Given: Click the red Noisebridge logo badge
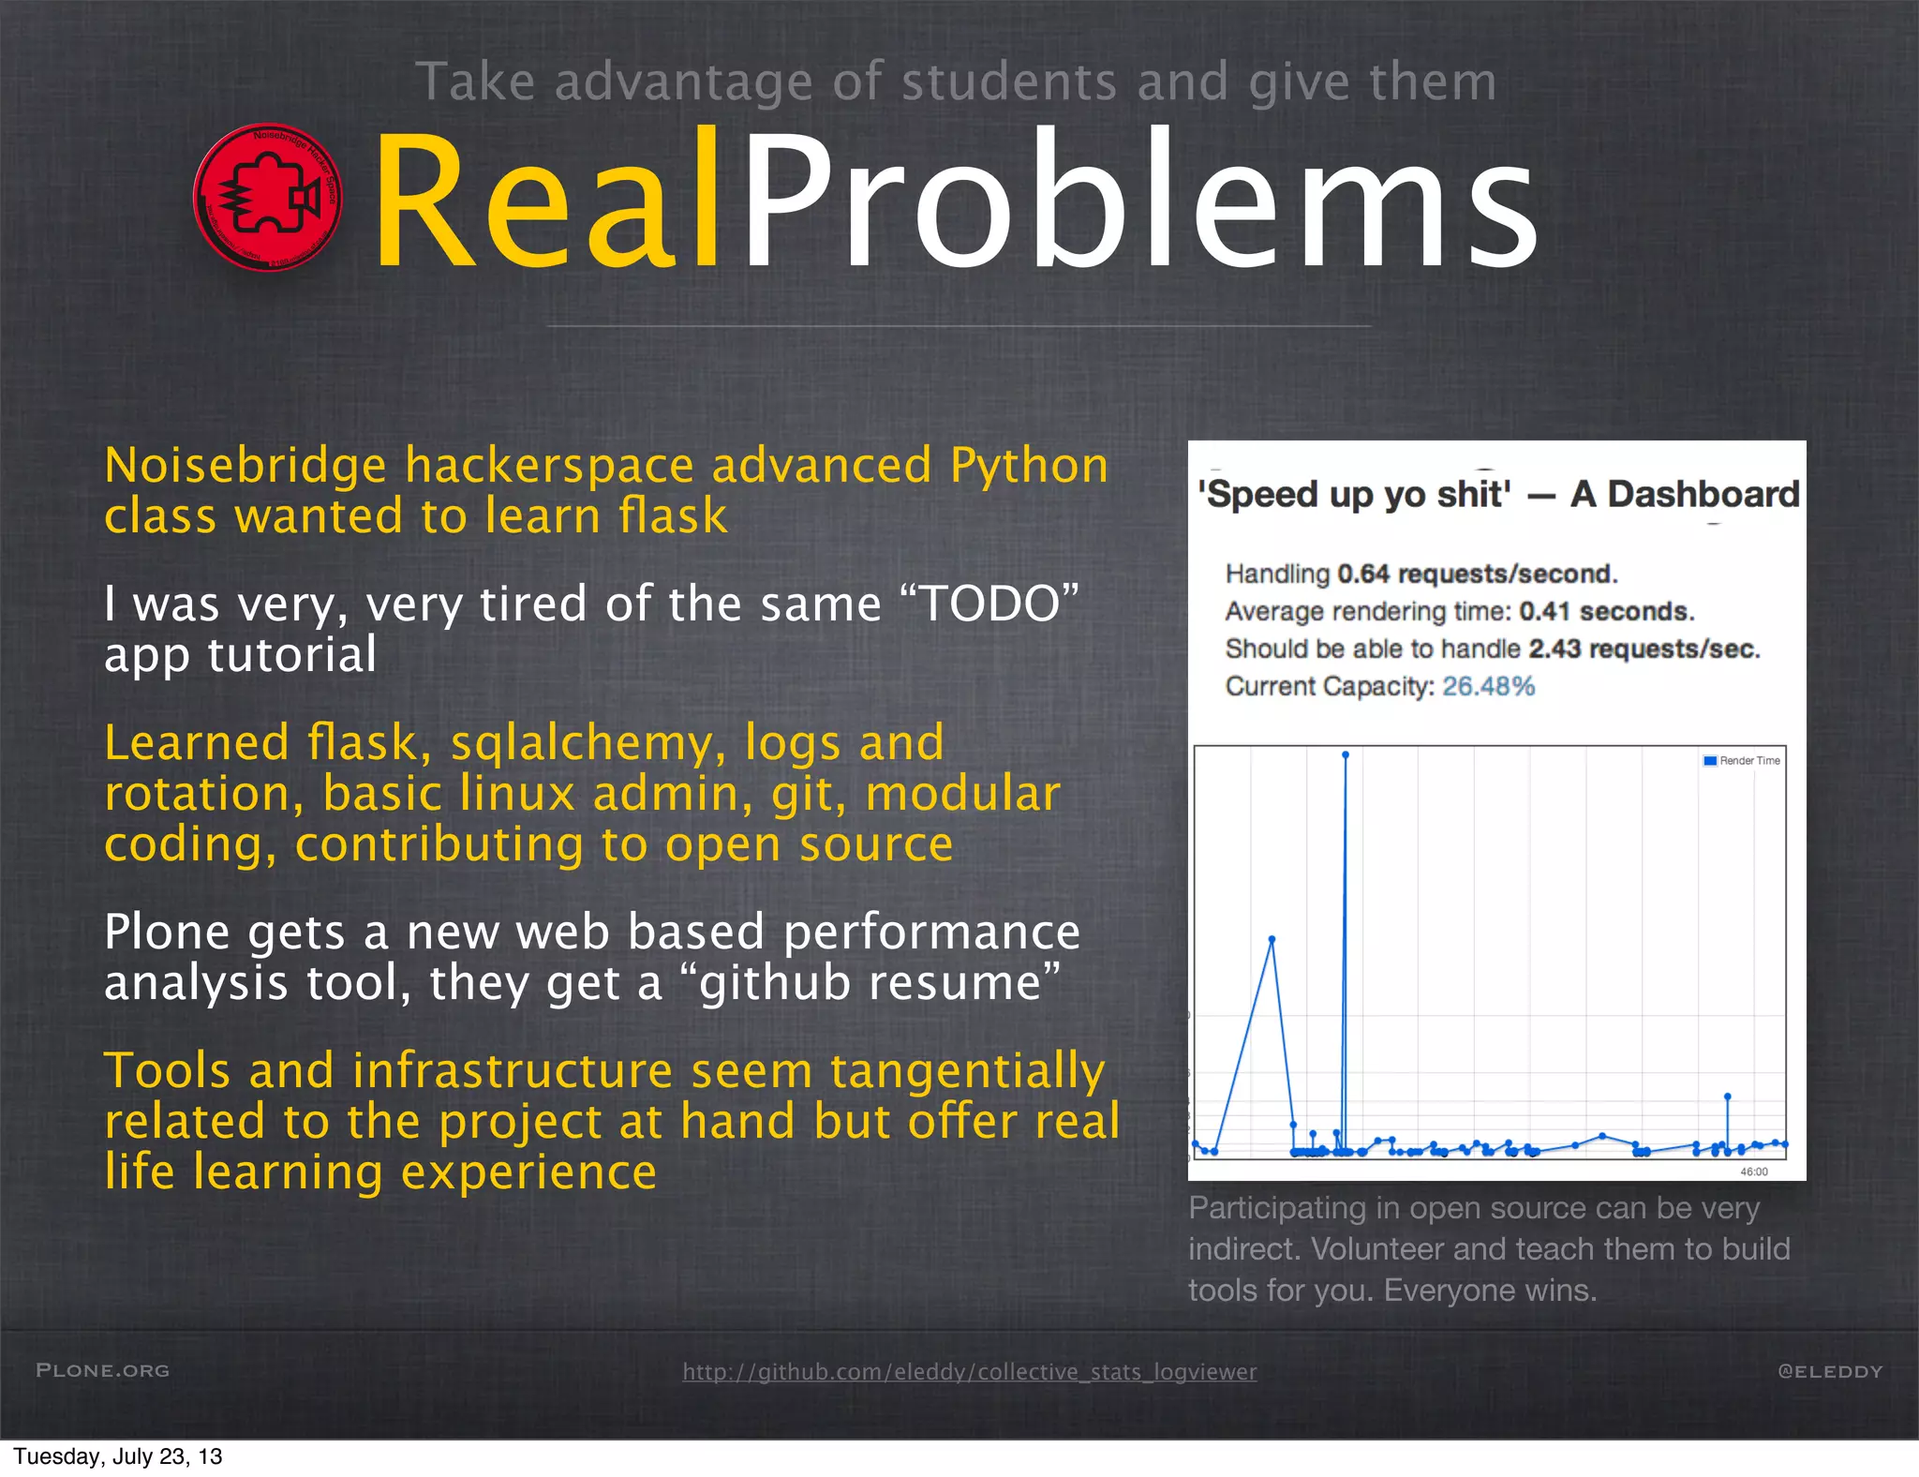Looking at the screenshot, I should pos(268,198).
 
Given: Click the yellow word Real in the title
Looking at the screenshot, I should pos(548,201).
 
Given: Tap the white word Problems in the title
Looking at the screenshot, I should pos(1138,201).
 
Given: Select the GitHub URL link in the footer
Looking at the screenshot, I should pos(969,1371).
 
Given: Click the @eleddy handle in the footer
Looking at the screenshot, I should pos(1829,1371).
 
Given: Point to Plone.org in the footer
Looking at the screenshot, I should pos(103,1370).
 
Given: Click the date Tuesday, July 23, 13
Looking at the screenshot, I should pos(118,1456).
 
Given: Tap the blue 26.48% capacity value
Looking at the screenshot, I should pos(1488,687).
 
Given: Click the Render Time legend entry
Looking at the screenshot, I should pos(1742,761).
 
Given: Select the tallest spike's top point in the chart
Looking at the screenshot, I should pos(1346,754).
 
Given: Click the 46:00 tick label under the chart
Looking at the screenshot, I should pos(1753,1171).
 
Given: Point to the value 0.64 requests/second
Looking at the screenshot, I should pos(1477,574).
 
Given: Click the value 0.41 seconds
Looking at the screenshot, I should pos(1606,612).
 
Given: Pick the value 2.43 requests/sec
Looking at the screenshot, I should pos(1644,649).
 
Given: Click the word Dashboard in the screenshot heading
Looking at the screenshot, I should pos(1703,494).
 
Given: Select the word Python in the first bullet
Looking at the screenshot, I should pos(1029,466).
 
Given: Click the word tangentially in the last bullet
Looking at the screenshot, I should pos(967,1071).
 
